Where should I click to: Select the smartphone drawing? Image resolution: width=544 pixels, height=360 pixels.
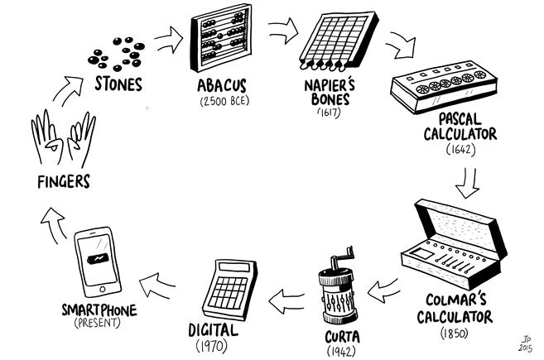coord(100,257)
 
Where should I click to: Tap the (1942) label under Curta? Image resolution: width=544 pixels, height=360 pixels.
coord(338,350)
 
